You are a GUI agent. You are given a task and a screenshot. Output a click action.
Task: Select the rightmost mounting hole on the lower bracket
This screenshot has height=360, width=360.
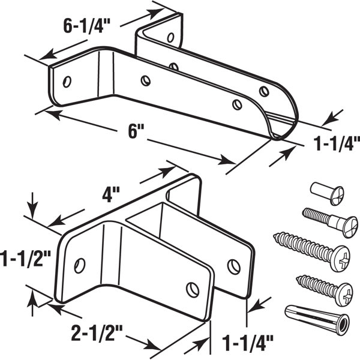click(x=233, y=264)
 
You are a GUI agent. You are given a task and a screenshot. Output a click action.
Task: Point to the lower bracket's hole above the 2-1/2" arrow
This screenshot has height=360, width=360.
click(x=192, y=290)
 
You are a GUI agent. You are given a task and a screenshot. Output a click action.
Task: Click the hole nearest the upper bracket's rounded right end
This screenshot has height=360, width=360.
click(x=264, y=91)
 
